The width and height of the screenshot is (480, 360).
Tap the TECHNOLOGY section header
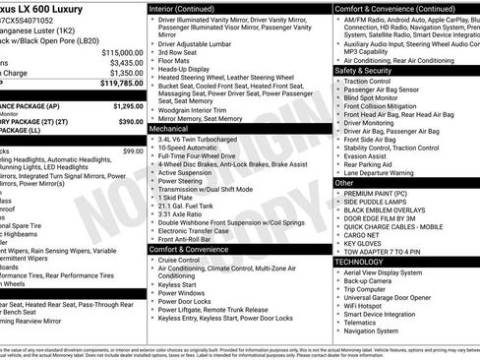tap(358, 262)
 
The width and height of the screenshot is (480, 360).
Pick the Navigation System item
tap(378, 331)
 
